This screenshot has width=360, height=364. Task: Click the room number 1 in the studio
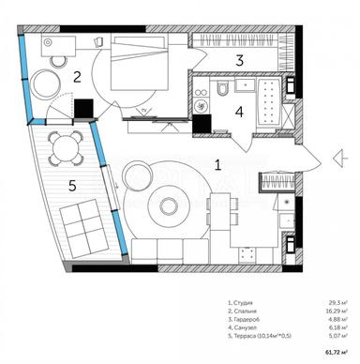218,165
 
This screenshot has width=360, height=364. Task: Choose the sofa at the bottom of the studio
169,250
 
